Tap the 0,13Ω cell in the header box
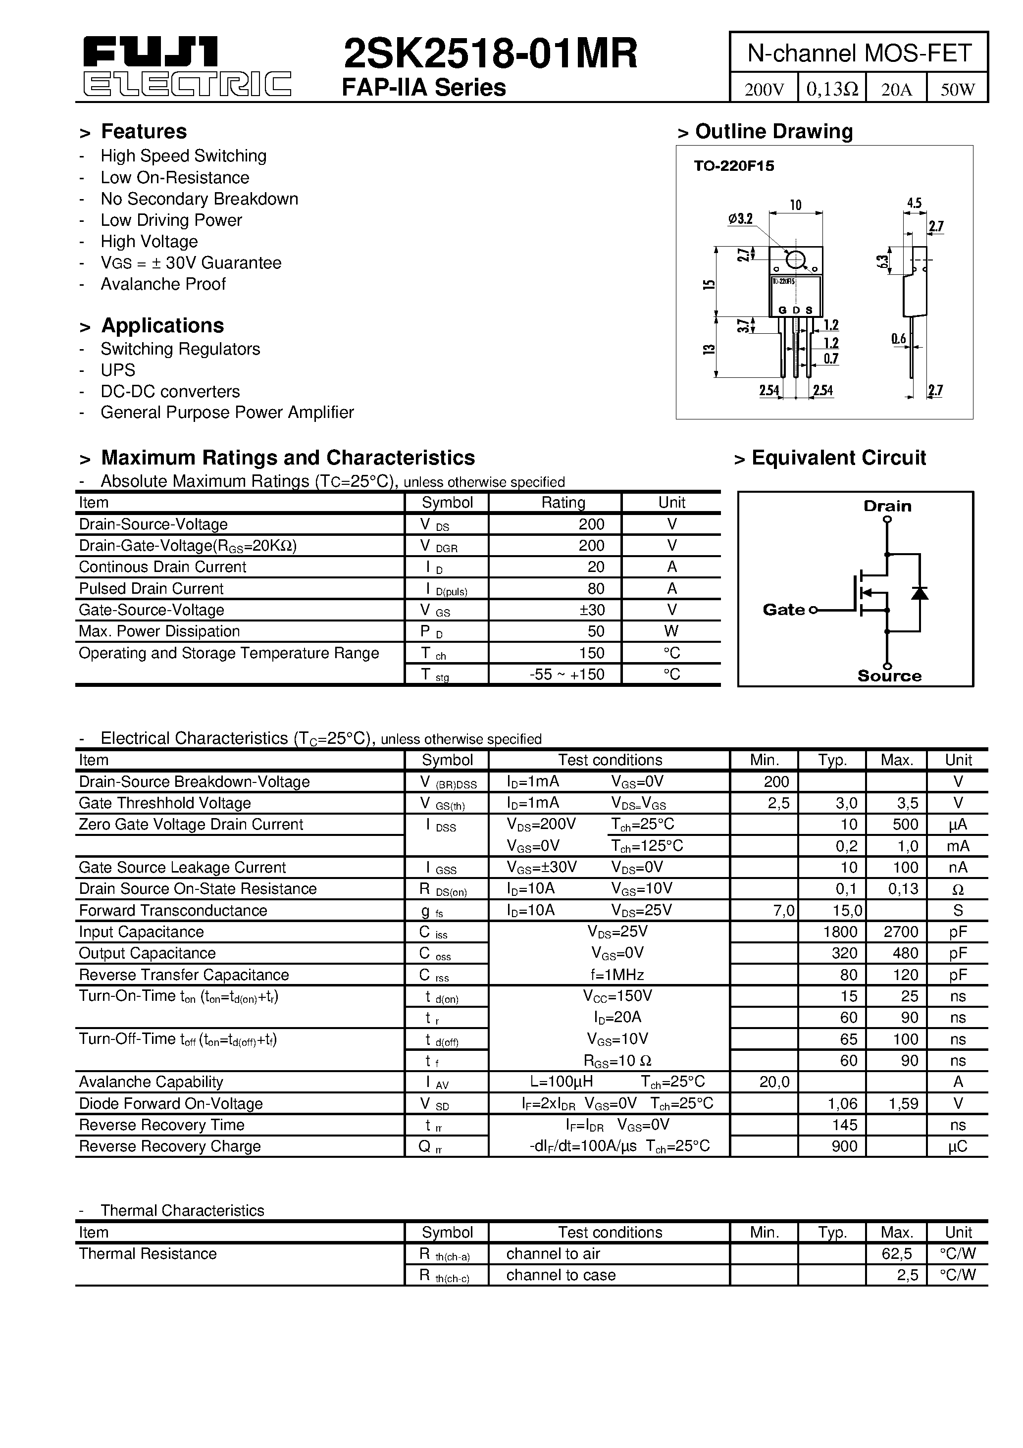tap(832, 89)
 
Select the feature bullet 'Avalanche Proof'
tap(163, 284)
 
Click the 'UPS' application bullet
tap(118, 370)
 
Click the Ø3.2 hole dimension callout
tap(740, 219)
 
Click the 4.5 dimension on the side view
tap(914, 203)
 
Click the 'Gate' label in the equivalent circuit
tap(783, 610)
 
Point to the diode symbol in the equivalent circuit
tap(920, 593)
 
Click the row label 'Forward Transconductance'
tap(173, 911)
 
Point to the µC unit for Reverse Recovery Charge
tap(958, 1146)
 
